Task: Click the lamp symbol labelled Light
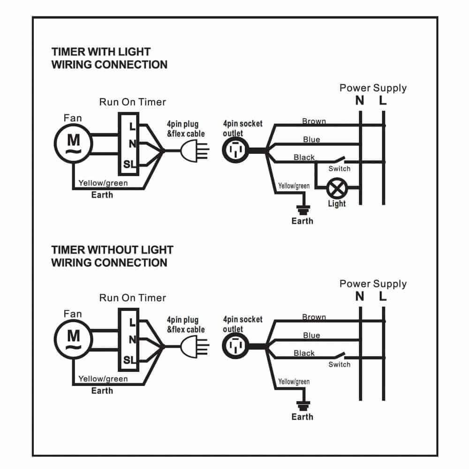point(336,189)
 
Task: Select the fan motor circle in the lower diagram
point(73,338)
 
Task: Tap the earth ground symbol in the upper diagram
point(302,210)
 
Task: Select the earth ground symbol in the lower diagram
point(302,406)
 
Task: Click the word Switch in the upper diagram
point(339,169)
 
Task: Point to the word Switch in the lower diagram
point(339,364)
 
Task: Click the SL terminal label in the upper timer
point(129,164)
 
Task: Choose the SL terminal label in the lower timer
point(129,360)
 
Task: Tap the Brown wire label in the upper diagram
point(314,121)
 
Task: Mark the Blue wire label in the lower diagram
point(311,335)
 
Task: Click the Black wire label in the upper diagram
point(304,158)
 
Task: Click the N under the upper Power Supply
point(360,101)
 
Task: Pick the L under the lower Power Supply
point(383,296)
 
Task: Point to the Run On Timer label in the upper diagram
point(132,102)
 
